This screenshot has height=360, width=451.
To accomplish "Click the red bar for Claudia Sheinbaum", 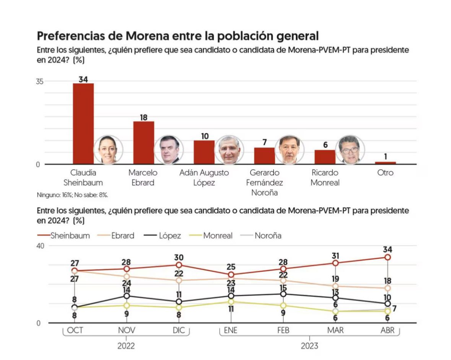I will click(83, 123).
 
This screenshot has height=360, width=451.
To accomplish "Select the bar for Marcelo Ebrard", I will click(143, 143).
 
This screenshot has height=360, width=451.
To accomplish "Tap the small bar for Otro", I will click(385, 163).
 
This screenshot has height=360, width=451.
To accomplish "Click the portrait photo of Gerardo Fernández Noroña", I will click(290, 149).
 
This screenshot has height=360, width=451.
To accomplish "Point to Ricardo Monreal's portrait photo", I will click(350, 149).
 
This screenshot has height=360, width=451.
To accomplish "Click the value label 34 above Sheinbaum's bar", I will click(83, 79).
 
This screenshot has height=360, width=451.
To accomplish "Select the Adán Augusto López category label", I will click(204, 177).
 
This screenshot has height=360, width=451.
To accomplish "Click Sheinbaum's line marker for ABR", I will click(388, 257).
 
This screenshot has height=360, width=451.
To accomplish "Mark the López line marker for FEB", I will click(283, 294).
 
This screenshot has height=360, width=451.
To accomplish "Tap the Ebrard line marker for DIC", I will click(179, 280).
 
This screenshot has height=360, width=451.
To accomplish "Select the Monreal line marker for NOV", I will click(127, 305).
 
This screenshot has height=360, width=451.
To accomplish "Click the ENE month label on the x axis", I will click(231, 330).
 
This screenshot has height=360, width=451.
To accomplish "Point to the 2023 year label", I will click(309, 346).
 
